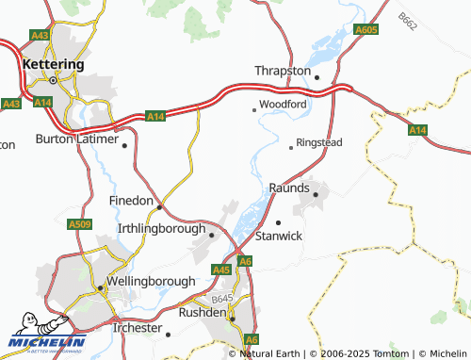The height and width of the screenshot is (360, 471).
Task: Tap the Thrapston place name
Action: [284, 71]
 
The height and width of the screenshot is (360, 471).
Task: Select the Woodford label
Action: [283, 105]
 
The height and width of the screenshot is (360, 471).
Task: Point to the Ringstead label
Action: [318, 142]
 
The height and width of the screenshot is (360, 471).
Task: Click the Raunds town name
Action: [289, 188]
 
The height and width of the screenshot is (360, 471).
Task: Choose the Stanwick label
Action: [279, 236]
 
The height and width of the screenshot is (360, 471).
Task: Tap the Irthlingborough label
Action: [159, 229]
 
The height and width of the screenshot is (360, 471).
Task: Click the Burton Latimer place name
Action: [77, 139]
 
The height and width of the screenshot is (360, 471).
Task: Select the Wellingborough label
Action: [150, 281]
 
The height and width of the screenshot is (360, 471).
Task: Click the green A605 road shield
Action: [366, 31]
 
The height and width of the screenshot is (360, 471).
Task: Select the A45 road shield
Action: [221, 270]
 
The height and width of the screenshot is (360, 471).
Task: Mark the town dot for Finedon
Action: [159, 206]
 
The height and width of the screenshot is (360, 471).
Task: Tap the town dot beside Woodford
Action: [253, 109]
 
